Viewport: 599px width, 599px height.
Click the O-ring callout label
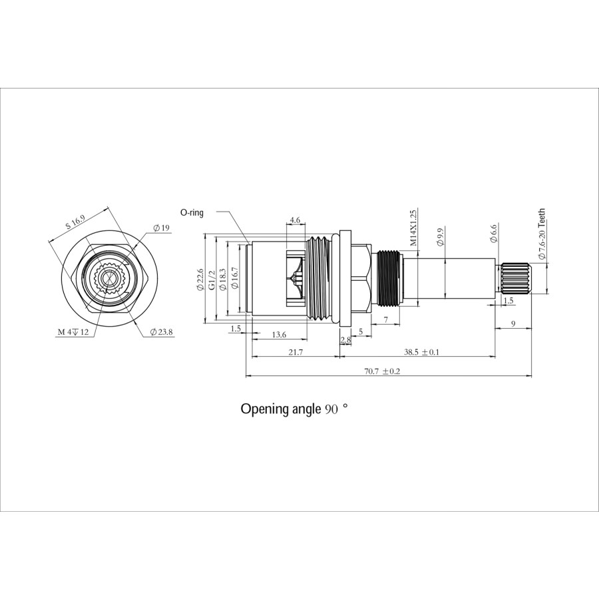click(192, 212)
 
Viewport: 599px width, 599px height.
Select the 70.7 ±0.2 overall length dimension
click(382, 371)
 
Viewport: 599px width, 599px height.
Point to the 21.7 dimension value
click(296, 352)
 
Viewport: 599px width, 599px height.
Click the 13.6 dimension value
click(280, 334)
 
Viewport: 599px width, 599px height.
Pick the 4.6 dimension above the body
click(296, 220)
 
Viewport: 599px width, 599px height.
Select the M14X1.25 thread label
click(413, 228)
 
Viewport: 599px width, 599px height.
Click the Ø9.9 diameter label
click(440, 237)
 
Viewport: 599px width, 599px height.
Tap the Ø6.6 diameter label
click(493, 233)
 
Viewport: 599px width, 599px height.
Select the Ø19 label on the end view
click(162, 228)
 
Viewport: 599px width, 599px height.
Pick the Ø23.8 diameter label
click(162, 331)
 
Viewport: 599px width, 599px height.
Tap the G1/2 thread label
click(211, 280)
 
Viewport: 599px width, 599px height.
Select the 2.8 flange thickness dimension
click(345, 340)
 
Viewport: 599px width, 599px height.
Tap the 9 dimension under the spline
click(512, 323)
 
